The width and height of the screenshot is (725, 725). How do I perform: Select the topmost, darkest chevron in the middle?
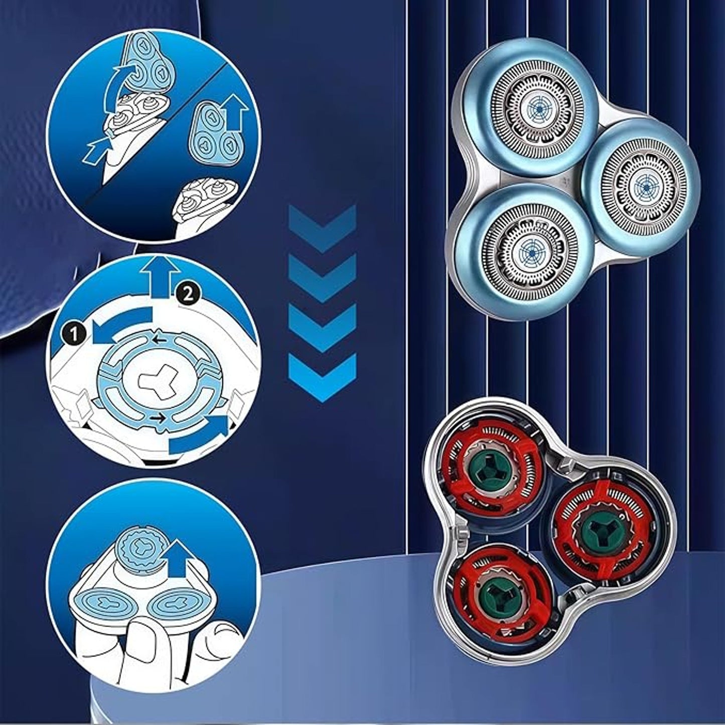coord(322,228)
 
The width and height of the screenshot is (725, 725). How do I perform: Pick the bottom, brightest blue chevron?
coord(322,378)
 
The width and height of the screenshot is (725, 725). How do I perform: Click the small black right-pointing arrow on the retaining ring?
coord(159,417)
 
